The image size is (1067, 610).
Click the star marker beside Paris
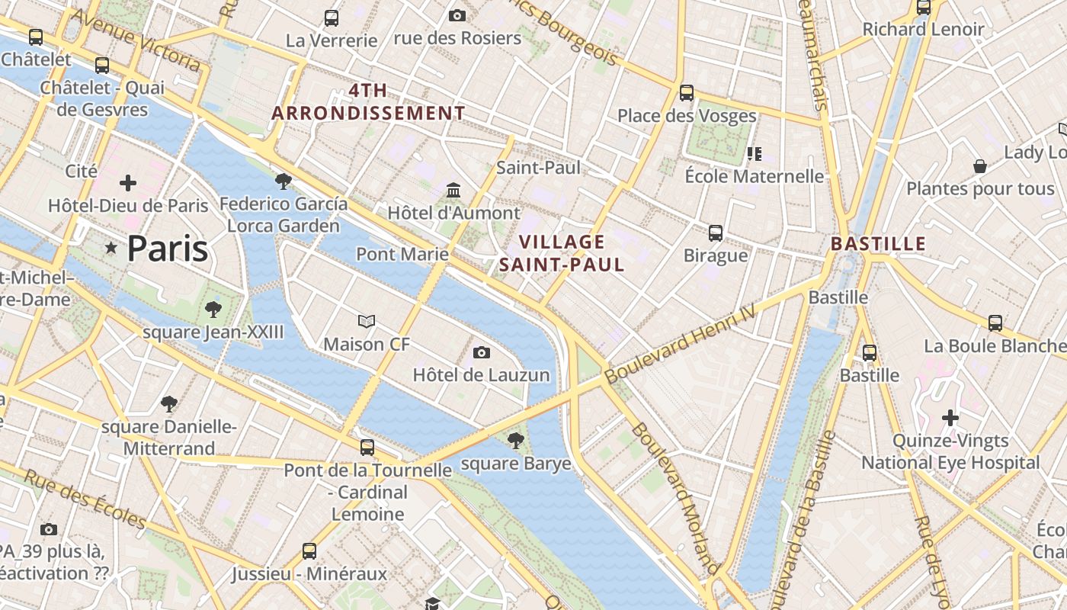click(111, 248)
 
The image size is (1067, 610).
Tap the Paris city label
click(168, 249)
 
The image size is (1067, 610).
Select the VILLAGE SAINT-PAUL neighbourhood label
click(562, 253)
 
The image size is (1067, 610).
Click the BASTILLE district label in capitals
click(878, 244)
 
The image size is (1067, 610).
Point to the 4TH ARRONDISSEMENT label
click(368, 101)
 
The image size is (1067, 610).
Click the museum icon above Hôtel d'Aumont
click(453, 189)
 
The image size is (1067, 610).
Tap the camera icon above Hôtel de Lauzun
click(481, 352)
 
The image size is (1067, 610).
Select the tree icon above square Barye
click(516, 440)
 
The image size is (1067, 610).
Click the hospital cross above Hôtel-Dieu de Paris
click(128, 183)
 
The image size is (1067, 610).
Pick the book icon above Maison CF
click(367, 322)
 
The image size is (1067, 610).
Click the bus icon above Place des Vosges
click(687, 93)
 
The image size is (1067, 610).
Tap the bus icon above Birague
click(716, 233)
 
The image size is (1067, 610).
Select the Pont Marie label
click(402, 254)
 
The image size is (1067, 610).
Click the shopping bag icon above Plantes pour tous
click(980, 166)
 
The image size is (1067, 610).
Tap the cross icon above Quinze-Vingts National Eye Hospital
click(950, 418)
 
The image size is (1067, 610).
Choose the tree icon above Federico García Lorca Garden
click(284, 181)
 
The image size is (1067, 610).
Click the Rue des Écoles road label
click(84, 499)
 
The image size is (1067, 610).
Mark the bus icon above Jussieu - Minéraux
click(309, 551)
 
